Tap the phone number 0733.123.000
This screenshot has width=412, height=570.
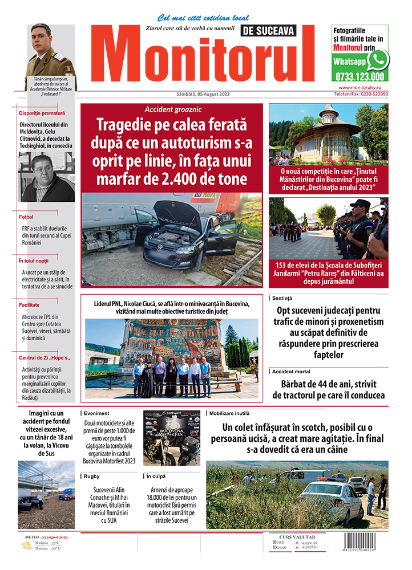coord(360,76)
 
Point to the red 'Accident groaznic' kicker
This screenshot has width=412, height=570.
coord(173,109)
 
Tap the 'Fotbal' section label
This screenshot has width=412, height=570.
coord(26,217)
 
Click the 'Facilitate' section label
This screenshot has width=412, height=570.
coord(29,305)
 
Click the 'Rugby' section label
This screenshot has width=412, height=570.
coord(91,475)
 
